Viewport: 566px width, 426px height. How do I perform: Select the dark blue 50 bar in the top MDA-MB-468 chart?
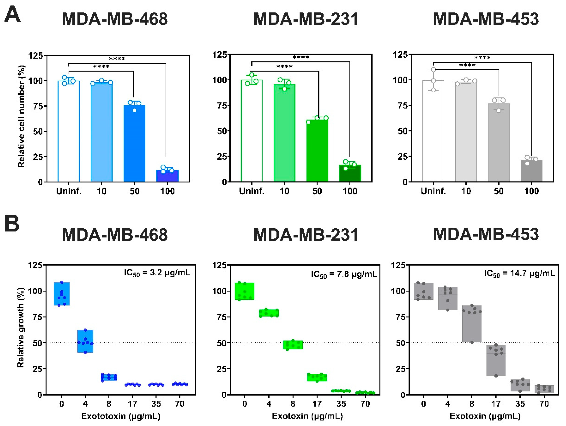(134, 143)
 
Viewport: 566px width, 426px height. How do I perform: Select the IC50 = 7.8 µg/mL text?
(344, 274)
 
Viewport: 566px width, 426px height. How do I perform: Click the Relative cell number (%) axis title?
(21, 116)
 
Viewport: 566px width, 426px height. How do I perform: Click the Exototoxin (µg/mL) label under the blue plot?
(121, 416)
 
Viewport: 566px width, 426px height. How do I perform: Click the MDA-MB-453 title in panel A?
(486, 19)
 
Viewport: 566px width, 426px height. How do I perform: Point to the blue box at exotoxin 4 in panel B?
(85, 341)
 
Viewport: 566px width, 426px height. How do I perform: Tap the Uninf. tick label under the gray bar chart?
(433, 191)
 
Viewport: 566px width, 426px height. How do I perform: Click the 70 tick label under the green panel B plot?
(365, 404)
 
